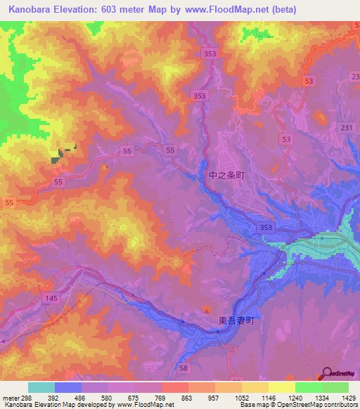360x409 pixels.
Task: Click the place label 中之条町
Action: [x=226, y=177]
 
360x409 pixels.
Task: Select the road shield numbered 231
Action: [x=345, y=127]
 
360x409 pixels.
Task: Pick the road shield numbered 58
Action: [x=184, y=368]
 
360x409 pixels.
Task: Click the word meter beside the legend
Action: [x=8, y=397]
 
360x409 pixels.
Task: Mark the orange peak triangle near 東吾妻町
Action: [x=207, y=310]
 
